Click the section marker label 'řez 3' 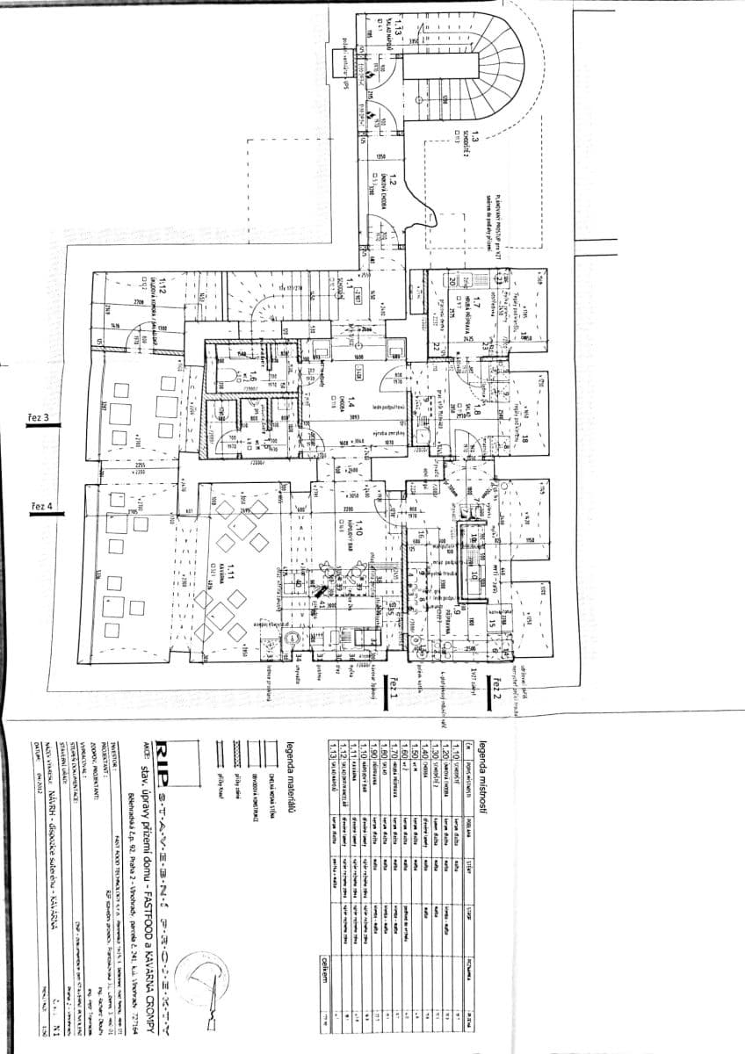click(x=42, y=417)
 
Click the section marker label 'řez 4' click(x=42, y=508)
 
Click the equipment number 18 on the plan click(x=525, y=439)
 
